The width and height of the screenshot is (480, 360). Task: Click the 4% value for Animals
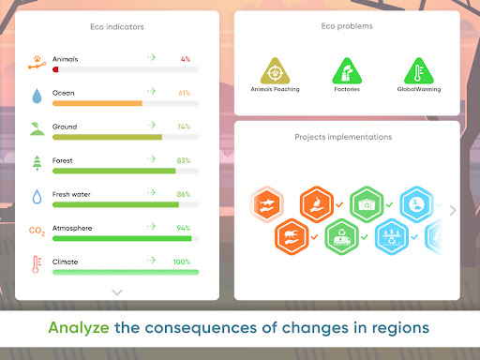186,59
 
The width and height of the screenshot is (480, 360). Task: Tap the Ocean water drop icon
37,96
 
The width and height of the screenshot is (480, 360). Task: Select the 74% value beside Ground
184,127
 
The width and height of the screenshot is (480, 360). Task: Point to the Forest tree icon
37,162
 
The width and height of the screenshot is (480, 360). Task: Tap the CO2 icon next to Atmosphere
37,230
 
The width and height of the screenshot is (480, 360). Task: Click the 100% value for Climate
182,262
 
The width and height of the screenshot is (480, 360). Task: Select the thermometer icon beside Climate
37,263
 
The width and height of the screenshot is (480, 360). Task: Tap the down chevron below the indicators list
117,292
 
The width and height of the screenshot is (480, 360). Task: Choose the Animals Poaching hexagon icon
275,71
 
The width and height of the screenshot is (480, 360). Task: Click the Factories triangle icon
347,71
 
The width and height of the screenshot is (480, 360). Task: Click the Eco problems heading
347,26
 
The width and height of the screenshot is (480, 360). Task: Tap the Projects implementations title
343,137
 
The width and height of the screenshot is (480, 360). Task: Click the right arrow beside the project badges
453,211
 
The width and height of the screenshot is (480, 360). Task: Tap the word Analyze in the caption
79,329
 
